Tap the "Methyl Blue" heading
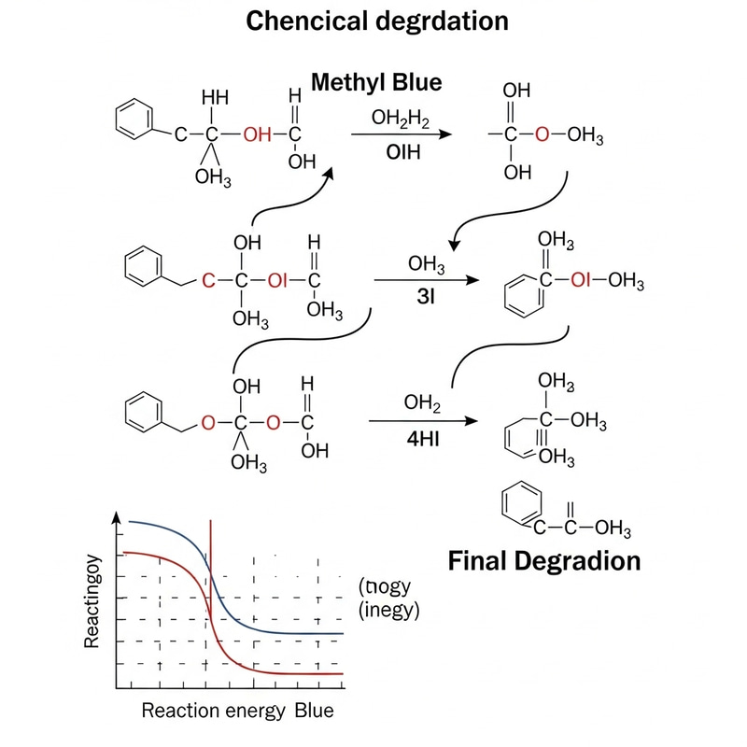coord(376,82)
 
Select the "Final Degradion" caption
coord(544,560)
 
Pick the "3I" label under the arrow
coord(417,301)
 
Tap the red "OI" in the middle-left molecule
coord(277,279)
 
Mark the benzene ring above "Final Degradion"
coord(520,505)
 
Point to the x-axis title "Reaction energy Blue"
coord(237,711)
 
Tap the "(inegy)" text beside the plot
coord(389,611)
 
